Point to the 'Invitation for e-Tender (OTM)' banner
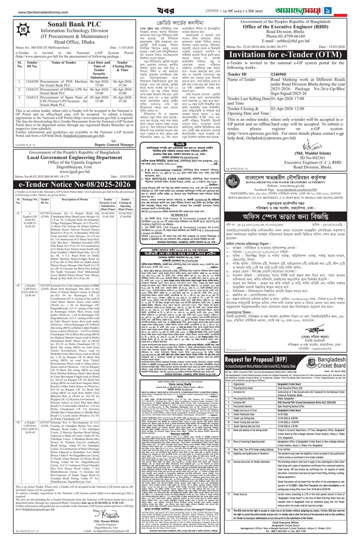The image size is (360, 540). (x=291, y=55)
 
